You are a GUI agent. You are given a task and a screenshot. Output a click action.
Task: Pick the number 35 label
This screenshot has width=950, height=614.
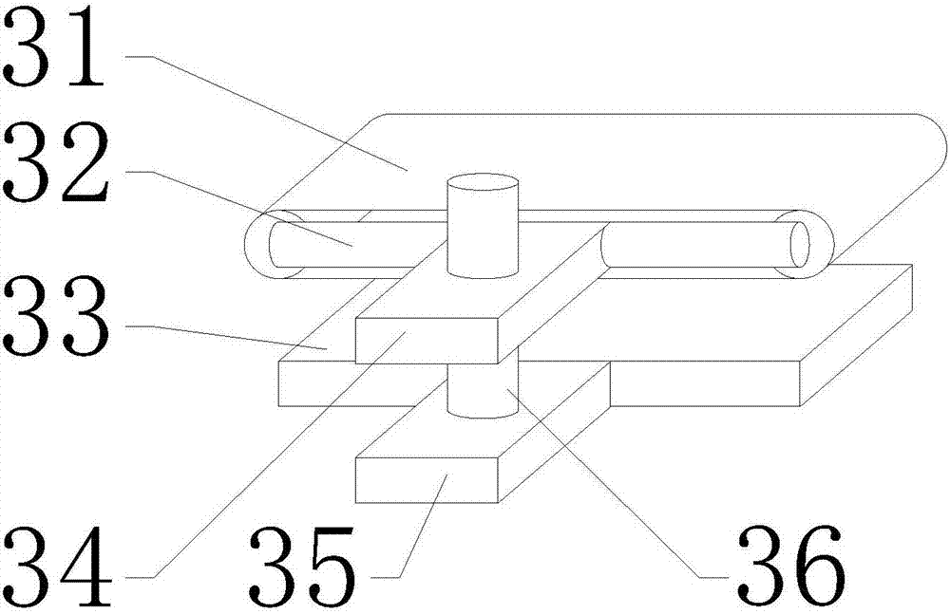coord(304,567)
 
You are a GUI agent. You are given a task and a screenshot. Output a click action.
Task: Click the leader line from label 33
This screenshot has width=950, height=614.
coord(228,338)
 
